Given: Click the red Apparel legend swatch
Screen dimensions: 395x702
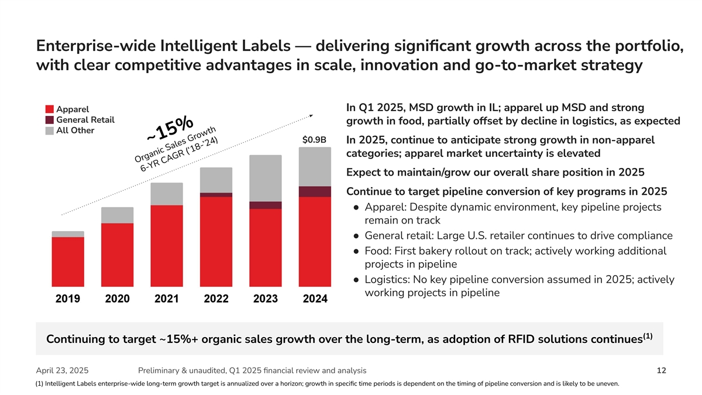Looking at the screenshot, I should point(50,109).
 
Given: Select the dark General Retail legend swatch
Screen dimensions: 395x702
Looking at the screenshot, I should point(50,120).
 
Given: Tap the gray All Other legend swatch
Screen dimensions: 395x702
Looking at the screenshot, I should point(50,130).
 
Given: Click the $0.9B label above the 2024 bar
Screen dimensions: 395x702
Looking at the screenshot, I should point(314,140).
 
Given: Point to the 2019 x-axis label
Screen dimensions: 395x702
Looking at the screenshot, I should point(67,299).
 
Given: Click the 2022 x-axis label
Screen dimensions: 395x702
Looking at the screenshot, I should point(216,299).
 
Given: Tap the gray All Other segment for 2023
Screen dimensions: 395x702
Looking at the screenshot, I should point(265,178).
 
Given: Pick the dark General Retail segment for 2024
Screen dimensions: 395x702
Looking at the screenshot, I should point(315,191).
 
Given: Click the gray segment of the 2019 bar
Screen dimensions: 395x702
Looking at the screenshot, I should point(68,234).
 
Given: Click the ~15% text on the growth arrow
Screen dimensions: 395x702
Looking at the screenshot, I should point(170,129).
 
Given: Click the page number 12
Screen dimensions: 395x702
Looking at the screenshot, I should point(661,370).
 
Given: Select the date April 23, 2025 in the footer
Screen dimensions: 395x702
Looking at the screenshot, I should point(63,370).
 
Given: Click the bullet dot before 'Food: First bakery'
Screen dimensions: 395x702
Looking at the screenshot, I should point(356,251).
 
